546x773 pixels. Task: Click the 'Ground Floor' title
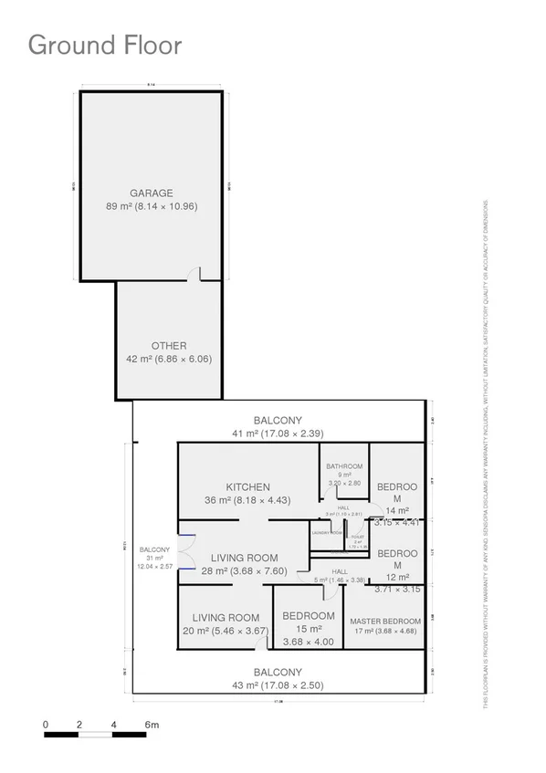[x=105, y=45]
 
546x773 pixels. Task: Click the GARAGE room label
[x=152, y=193]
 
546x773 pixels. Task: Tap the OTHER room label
[x=169, y=346]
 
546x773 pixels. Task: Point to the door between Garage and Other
[x=194, y=275]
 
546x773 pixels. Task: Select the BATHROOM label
[x=344, y=466]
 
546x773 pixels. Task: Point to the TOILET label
[x=358, y=537]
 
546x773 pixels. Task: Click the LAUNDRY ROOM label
[x=327, y=532]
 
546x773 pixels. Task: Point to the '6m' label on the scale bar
[x=152, y=725]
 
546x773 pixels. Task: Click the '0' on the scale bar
[x=46, y=725]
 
